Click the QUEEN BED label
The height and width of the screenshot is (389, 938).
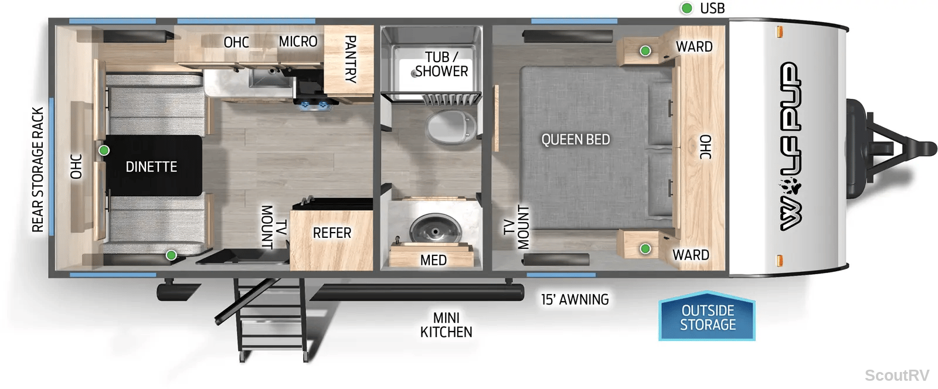pyautogui.click(x=575, y=139)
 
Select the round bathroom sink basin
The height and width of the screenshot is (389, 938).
pyautogui.click(x=436, y=229)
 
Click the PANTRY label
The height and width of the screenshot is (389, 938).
pyautogui.click(x=350, y=59)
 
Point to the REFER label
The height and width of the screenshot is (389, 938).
pyautogui.click(x=332, y=233)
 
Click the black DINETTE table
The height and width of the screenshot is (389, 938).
pyautogui.click(x=153, y=165)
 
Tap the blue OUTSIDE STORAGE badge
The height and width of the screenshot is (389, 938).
pyautogui.click(x=707, y=316)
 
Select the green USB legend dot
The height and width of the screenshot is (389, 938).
pyautogui.click(x=686, y=8)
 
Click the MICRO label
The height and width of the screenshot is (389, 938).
pyautogui.click(x=298, y=42)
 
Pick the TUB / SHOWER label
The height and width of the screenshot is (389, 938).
pyautogui.click(x=441, y=64)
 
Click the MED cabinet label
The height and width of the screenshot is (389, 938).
pyautogui.click(x=433, y=260)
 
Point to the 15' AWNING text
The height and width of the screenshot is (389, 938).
pyautogui.click(x=575, y=299)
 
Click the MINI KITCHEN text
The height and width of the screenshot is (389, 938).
pyautogui.click(x=446, y=325)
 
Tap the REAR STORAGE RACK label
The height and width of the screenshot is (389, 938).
pyautogui.click(x=38, y=169)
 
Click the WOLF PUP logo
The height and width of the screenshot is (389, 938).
pyautogui.click(x=791, y=146)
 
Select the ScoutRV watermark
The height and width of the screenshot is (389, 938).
pyautogui.click(x=897, y=375)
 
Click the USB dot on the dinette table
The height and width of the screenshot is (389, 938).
pyautogui.click(x=104, y=150)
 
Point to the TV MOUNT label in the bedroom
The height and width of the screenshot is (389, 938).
pyautogui.click(x=516, y=227)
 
